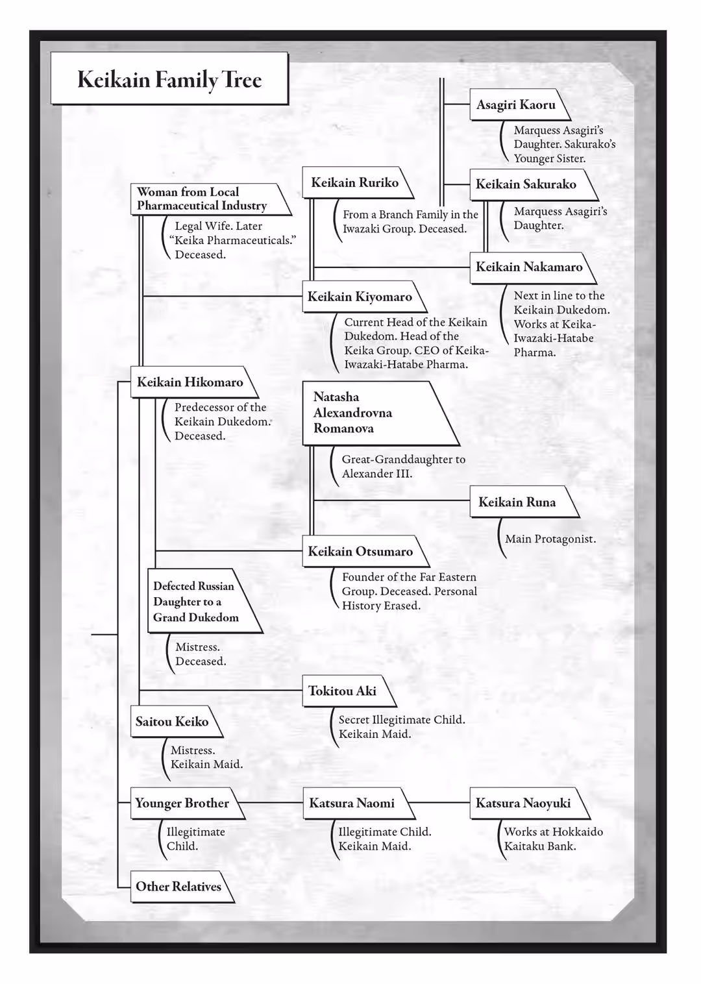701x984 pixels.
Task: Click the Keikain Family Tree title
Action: point(169,79)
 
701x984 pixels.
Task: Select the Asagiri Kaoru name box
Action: point(515,105)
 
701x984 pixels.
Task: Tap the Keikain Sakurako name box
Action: point(526,184)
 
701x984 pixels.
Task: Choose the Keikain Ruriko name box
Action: point(354,183)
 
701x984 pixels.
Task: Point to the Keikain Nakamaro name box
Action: point(528,267)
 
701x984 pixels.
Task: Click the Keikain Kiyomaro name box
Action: point(360,297)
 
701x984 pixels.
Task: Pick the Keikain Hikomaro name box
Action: point(190,382)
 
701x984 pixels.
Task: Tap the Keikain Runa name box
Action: point(517,502)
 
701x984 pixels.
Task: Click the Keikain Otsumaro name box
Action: point(360,552)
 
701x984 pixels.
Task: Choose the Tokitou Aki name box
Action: point(342,691)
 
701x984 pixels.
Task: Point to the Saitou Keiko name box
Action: point(172,722)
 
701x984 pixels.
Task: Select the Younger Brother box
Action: point(182,804)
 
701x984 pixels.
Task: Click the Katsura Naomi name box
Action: point(352,804)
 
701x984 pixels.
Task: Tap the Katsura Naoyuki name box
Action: point(523,804)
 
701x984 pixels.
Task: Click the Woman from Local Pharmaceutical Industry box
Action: point(203,199)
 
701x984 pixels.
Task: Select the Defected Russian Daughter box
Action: point(195,602)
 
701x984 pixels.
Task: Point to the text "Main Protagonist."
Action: point(550,539)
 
